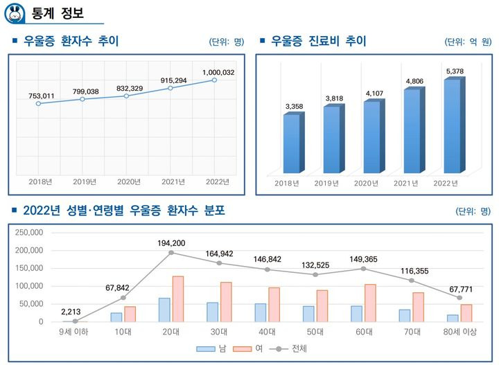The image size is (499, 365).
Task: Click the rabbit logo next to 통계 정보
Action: pos(15,12)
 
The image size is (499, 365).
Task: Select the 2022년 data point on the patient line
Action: pos(214,80)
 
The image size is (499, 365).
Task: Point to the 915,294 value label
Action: pos(170,80)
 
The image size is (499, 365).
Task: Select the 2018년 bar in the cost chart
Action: pos(292,143)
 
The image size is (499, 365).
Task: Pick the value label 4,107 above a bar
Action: pos(374,93)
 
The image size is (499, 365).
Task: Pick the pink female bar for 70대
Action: pos(418,307)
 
